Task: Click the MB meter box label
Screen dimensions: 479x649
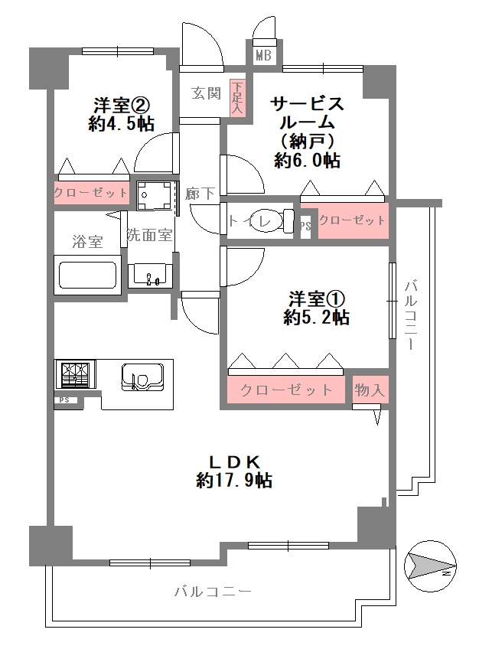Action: (263, 55)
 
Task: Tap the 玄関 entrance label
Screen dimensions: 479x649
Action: (206, 93)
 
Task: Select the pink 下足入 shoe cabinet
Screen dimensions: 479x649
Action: (239, 98)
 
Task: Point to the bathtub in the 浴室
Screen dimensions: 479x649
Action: (87, 275)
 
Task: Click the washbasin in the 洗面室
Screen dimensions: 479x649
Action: (150, 276)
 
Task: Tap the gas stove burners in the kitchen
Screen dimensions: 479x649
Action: (75, 373)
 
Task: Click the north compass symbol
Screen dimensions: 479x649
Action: (430, 566)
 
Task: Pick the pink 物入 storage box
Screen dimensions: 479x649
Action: (370, 389)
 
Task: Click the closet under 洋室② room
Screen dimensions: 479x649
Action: (91, 192)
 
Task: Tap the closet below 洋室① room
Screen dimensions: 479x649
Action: (286, 390)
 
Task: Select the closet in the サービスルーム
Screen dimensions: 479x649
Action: (353, 220)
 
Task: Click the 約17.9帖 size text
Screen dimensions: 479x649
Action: (234, 480)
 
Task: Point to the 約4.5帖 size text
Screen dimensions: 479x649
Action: (121, 123)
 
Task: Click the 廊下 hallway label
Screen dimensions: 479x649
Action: (200, 194)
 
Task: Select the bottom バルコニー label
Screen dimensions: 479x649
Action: (213, 592)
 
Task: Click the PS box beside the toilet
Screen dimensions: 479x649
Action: (305, 227)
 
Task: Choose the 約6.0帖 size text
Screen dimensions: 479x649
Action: (308, 160)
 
